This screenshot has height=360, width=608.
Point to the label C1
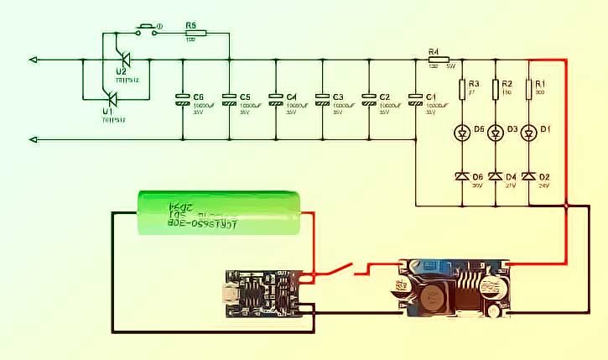click(430, 97)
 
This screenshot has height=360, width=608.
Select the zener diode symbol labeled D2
click(528, 176)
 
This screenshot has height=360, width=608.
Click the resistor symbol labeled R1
click(528, 88)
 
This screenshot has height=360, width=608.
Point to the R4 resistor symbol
click(434, 60)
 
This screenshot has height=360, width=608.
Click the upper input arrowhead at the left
click(33, 60)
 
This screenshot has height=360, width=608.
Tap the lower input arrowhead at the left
click(33, 138)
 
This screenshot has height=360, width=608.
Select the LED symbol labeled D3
click(495, 133)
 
